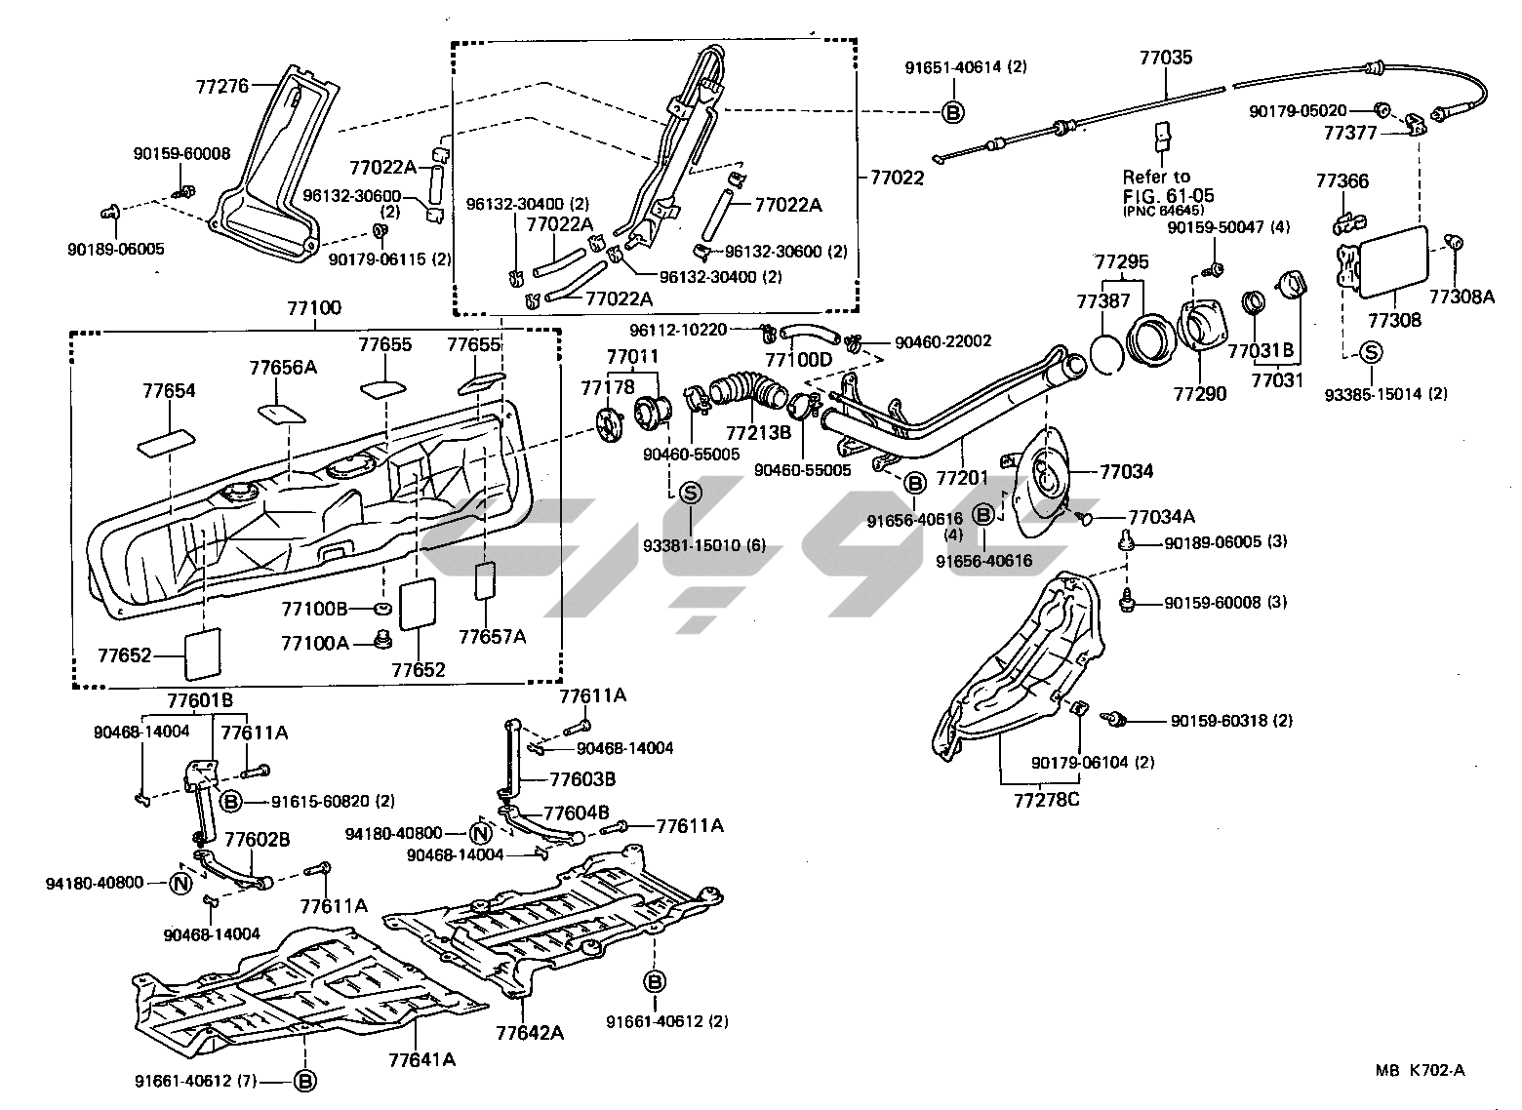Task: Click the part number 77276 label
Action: tap(223, 85)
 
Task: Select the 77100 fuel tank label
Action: tap(314, 309)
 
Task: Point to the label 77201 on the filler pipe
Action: tap(962, 478)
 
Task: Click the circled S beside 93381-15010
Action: tap(690, 493)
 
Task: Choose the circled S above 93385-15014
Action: tap(1371, 352)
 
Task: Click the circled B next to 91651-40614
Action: tap(953, 112)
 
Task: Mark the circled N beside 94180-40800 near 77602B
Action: tap(180, 883)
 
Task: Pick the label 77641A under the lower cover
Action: tap(422, 1058)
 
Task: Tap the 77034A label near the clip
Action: tap(1161, 517)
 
